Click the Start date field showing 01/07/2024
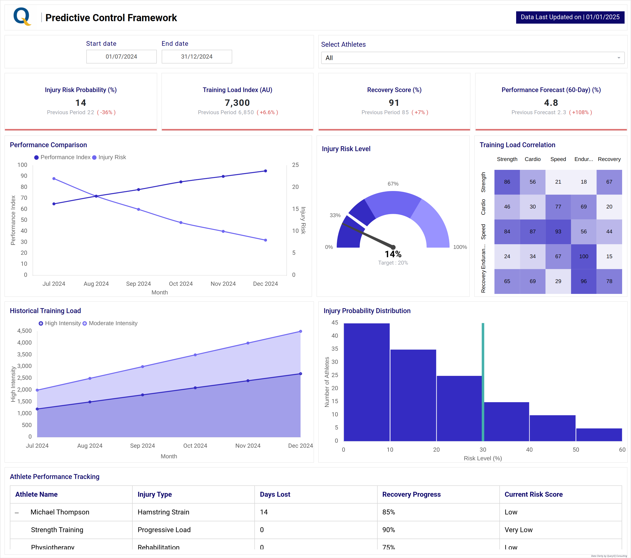[121, 57]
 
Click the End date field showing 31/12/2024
[197, 57]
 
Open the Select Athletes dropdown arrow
[618, 58]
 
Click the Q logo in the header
[22, 17]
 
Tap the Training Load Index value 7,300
[237, 103]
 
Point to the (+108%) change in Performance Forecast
[580, 112]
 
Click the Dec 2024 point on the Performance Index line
[265, 171]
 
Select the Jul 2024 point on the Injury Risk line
[54, 179]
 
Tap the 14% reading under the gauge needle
[393, 254]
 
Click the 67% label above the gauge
[393, 184]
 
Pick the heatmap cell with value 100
[583, 256]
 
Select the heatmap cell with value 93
[558, 232]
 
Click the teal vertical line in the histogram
[483, 382]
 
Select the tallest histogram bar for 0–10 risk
[367, 382]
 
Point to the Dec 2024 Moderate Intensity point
[300, 331]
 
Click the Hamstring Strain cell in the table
[163, 512]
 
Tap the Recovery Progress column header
[411, 494]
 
